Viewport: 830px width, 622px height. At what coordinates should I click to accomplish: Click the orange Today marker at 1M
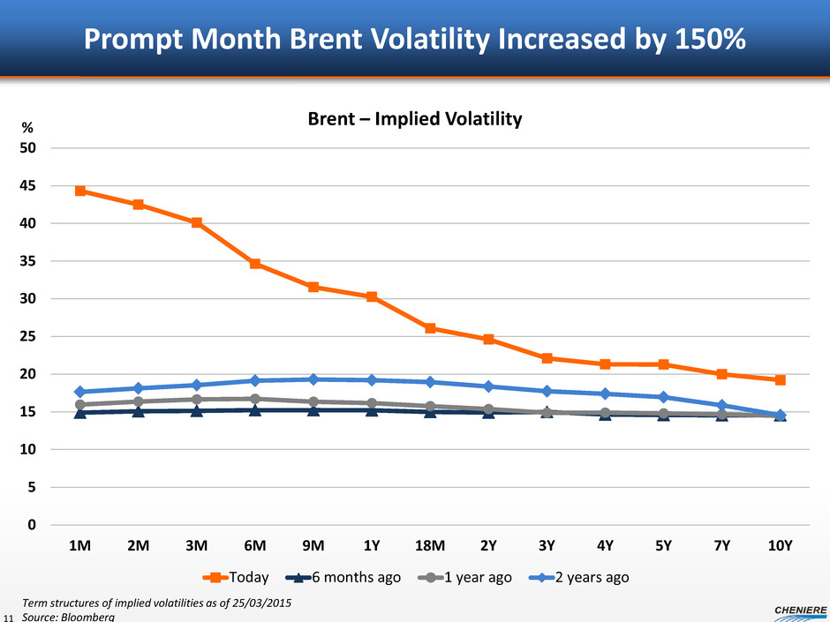[x=80, y=191]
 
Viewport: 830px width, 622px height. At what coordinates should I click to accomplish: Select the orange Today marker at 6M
[x=255, y=264]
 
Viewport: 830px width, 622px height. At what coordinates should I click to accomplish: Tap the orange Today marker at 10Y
[x=780, y=380]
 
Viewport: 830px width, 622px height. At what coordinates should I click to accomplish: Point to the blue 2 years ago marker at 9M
[x=313, y=379]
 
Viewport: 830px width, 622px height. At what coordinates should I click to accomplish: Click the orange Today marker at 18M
[x=430, y=328]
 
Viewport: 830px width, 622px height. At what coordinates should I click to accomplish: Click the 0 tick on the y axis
[x=31, y=525]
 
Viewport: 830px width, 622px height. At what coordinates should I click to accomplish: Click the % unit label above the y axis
[x=27, y=129]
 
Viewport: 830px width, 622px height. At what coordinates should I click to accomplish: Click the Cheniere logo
[x=790, y=610]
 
